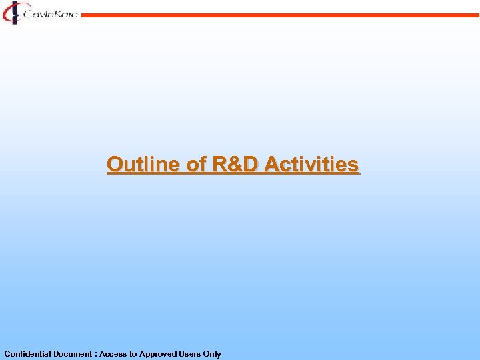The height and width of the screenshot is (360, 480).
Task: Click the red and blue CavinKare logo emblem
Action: (12, 12)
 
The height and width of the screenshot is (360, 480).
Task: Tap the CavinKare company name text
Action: (50, 13)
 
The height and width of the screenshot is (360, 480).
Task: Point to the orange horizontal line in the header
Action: (280, 15)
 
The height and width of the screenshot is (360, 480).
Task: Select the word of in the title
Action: (197, 164)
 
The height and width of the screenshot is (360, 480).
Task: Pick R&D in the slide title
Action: (236, 164)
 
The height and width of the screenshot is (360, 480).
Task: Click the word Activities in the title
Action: (312, 164)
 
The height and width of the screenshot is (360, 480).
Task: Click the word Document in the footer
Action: (72, 354)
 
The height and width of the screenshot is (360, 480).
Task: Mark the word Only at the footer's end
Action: (213, 354)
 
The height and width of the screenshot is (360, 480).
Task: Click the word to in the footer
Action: (133, 354)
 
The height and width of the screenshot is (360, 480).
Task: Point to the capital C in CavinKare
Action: (27, 13)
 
